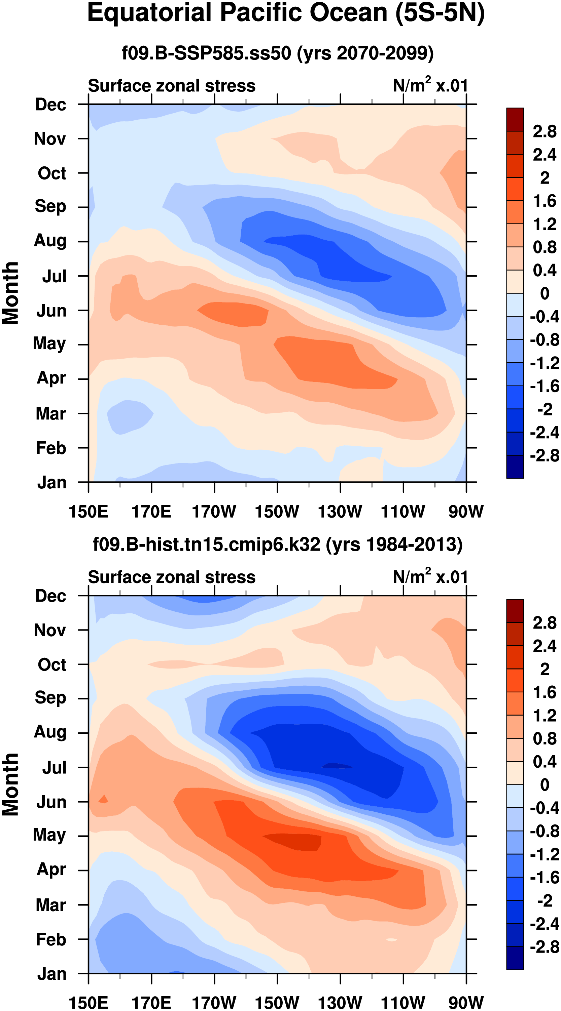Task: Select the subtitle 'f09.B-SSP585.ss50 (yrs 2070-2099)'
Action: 277,53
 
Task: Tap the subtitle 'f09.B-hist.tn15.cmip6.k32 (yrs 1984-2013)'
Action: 277,545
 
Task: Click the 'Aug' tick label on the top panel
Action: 50,240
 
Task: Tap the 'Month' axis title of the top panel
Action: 11,293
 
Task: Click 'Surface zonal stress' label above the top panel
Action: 172,86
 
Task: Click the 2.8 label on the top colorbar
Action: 545,131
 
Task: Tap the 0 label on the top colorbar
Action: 545,293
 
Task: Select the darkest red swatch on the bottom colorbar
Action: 515,611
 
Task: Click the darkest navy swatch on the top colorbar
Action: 515,467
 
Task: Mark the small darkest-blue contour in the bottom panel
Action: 337,766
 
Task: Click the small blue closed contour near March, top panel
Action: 130,416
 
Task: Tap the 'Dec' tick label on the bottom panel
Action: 50,596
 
